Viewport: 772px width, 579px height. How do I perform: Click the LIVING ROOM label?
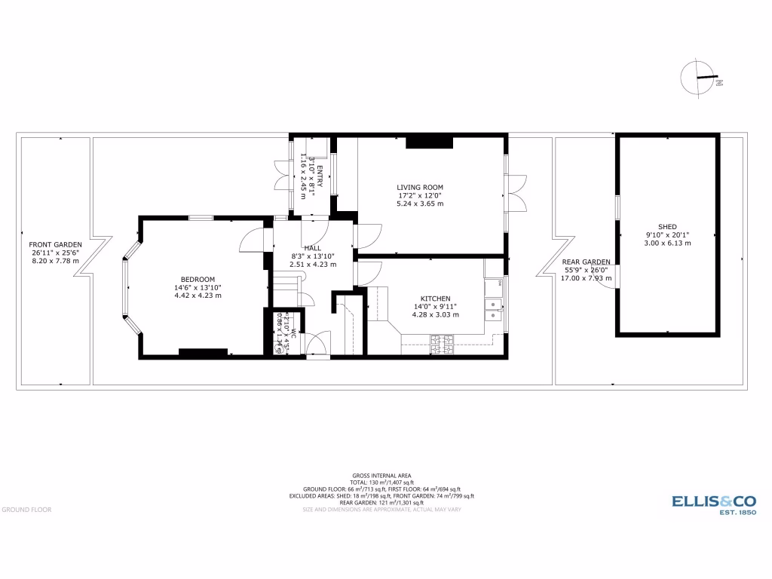(420, 187)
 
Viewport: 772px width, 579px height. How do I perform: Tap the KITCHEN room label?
(436, 299)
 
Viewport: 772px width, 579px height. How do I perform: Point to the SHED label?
(666, 226)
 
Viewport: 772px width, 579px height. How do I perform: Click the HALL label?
(312, 248)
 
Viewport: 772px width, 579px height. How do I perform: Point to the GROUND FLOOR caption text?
(26, 510)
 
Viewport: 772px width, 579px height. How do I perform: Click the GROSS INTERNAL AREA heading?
(381, 476)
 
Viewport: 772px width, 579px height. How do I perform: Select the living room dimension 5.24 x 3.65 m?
(420, 204)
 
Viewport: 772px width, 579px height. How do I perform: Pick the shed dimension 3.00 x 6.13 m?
(666, 243)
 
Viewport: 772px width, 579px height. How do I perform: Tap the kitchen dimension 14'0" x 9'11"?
(436, 307)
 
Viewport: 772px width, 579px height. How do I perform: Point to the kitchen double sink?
(494, 305)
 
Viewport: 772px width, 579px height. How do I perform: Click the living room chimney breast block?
(428, 142)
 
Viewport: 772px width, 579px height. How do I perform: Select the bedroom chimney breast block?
(202, 352)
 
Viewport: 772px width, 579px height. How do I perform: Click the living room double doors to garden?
(516, 193)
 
